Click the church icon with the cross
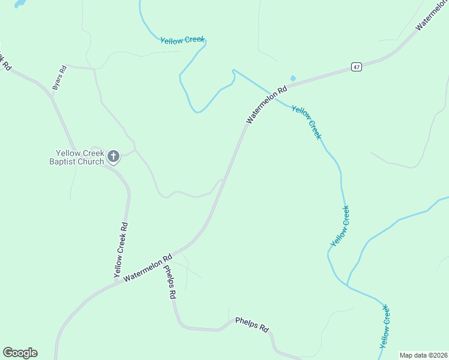click(113, 157)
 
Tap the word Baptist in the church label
click(64, 161)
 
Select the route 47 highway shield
click(357, 67)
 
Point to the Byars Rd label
click(59, 78)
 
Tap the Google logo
click(20, 353)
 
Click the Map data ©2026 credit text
click(424, 355)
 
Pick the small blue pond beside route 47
click(293, 78)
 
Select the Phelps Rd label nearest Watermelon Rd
click(170, 282)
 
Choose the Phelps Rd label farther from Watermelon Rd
click(252, 325)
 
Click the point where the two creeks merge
click(348, 284)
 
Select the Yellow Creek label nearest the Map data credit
click(385, 327)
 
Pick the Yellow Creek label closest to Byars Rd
click(182, 40)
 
